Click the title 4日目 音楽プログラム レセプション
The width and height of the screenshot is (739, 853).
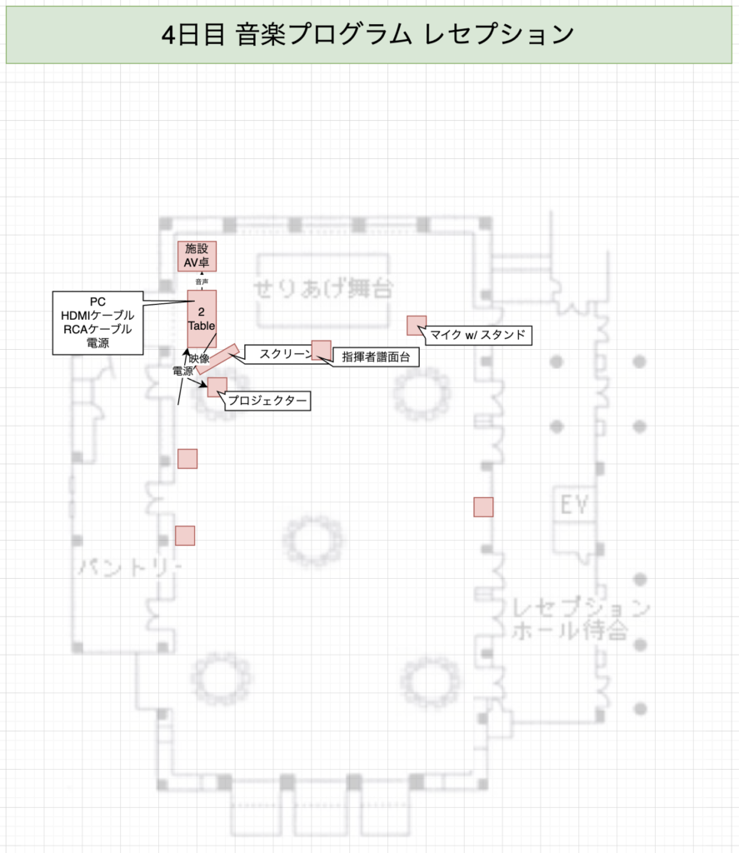click(369, 34)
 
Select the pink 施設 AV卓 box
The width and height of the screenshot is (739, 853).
click(197, 255)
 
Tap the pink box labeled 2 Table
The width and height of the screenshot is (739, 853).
click(202, 318)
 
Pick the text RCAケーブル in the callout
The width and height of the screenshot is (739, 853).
click(97, 328)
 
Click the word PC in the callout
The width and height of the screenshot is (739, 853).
click(97, 301)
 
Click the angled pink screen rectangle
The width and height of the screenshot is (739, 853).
click(218, 358)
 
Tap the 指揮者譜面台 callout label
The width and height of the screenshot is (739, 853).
click(376, 357)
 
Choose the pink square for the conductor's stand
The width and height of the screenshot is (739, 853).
click(321, 350)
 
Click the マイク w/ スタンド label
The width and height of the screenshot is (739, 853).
click(479, 335)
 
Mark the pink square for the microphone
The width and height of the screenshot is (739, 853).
click(417, 326)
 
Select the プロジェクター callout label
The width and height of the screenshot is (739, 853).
click(268, 402)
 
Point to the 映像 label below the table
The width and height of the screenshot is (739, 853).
click(199, 359)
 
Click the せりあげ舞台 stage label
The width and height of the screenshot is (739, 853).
click(323, 288)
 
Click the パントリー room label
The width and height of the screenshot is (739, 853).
click(130, 567)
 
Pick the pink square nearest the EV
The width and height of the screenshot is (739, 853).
click(483, 506)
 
